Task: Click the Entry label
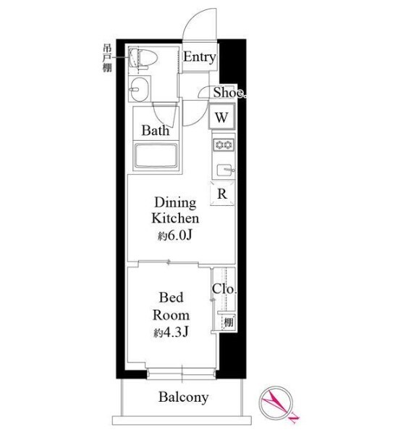point(199,57)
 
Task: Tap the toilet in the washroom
point(143,59)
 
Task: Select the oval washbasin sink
point(140,89)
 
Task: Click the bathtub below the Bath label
point(156,156)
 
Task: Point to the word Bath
point(156,131)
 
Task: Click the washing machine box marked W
point(222,116)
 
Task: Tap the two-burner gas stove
point(224,145)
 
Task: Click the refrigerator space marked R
point(222,194)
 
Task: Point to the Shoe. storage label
point(229,93)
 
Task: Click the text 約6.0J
point(175,236)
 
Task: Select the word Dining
point(175,202)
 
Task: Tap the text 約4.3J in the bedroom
point(171,332)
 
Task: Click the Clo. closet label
point(224,289)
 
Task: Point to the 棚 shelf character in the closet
point(229,323)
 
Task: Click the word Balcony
point(183,397)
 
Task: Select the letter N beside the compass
point(295,417)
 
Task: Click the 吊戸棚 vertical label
point(107,59)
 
